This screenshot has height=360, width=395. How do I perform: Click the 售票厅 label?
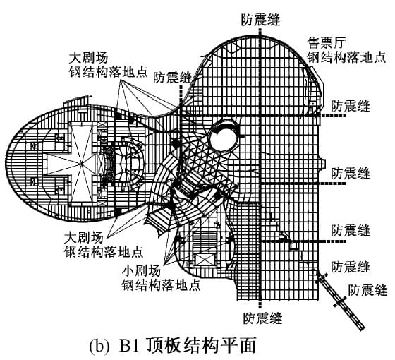pos(327,43)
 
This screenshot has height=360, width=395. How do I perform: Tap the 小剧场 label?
pos(141,271)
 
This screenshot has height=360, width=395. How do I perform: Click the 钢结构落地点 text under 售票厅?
pos(346,57)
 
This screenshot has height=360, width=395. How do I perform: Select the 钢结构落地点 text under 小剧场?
pos(162,285)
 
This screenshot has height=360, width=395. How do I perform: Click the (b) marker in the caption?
pos(99,347)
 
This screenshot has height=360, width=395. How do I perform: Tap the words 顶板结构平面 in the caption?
pos(200,346)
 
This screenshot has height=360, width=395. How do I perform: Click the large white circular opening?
pos(223,138)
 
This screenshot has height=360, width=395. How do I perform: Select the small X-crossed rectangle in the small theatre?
pos(205,260)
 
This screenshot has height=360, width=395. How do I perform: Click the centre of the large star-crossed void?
pos(81,164)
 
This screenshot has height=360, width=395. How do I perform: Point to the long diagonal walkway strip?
pos(340,299)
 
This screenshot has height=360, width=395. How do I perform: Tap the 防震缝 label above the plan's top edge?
pos(260,20)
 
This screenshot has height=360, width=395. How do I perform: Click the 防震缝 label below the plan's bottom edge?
pos(262,318)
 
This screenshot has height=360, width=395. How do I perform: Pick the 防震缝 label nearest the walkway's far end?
pos(367,290)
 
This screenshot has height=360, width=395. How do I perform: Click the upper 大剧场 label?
pos(88,57)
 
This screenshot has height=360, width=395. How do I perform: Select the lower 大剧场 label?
pos(84,238)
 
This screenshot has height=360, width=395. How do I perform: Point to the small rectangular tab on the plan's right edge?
pos(322,164)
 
